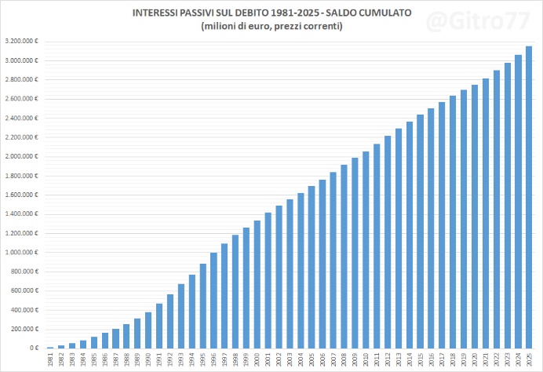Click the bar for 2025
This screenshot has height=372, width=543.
(529, 197)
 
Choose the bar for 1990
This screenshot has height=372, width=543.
(148, 330)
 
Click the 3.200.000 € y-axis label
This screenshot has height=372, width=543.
(22, 42)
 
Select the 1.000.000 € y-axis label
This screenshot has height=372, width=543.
(22, 253)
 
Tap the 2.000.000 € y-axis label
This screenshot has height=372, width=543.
(22, 156)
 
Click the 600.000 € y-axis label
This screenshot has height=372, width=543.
(24, 290)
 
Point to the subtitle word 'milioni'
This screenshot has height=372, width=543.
(224, 27)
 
